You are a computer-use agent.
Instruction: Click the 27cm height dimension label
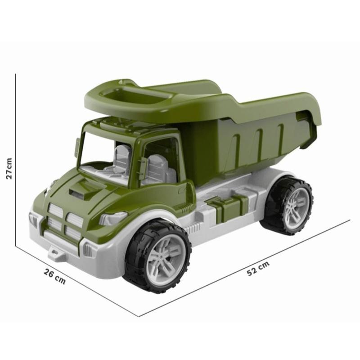(9, 168)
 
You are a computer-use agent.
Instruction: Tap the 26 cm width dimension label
(54, 276)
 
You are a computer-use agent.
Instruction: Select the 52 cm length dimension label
(258, 268)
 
